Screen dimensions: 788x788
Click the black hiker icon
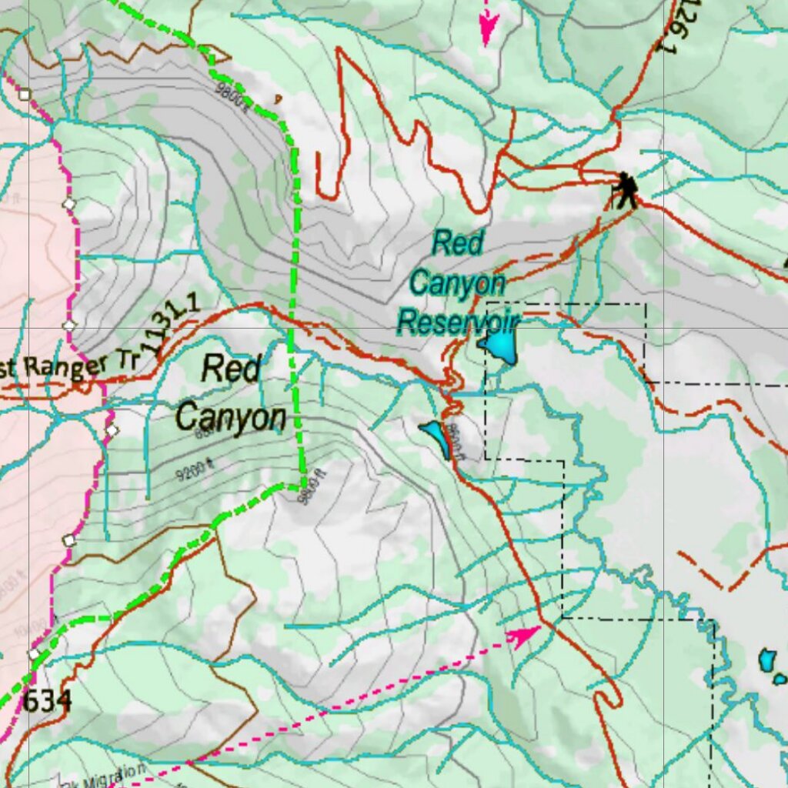pyautogui.click(x=626, y=191)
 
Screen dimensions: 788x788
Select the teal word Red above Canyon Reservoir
pyautogui.click(x=457, y=243)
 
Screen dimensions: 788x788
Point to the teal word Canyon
pyautogui.click(x=457, y=283)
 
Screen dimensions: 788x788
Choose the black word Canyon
pyautogui.click(x=231, y=418)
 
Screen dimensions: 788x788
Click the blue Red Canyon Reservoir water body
pyautogui.click(x=500, y=346)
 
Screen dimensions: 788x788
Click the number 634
pyautogui.click(x=47, y=701)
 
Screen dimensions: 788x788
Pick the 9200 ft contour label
pyautogui.click(x=193, y=470)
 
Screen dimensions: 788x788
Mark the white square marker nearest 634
pyautogui.click(x=34, y=654)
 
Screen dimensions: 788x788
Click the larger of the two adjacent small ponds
pyautogui.click(x=766, y=660)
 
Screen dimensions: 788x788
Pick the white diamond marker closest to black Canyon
pyautogui.click(x=112, y=430)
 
